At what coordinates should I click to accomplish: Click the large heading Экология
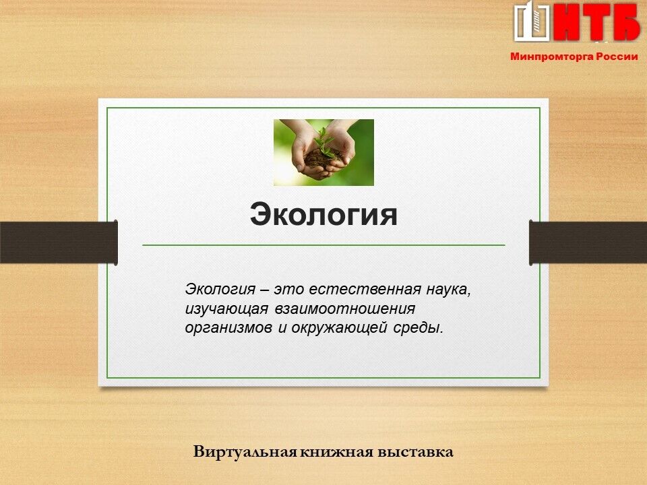(x=323, y=214)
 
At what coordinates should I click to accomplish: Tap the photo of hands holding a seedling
(x=323, y=152)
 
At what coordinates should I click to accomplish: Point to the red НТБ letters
(x=597, y=23)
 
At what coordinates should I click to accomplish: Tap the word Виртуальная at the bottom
(x=245, y=451)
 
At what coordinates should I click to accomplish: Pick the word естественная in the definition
(x=365, y=290)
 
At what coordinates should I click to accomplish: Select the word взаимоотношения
(x=345, y=309)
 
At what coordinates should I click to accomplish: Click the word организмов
(x=228, y=328)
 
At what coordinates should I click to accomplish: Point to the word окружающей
(x=339, y=329)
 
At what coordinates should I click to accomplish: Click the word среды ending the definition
(x=418, y=329)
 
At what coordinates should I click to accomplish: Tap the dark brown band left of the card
(x=59, y=243)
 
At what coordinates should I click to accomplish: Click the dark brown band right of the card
(x=588, y=243)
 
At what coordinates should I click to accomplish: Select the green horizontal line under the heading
(x=323, y=245)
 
